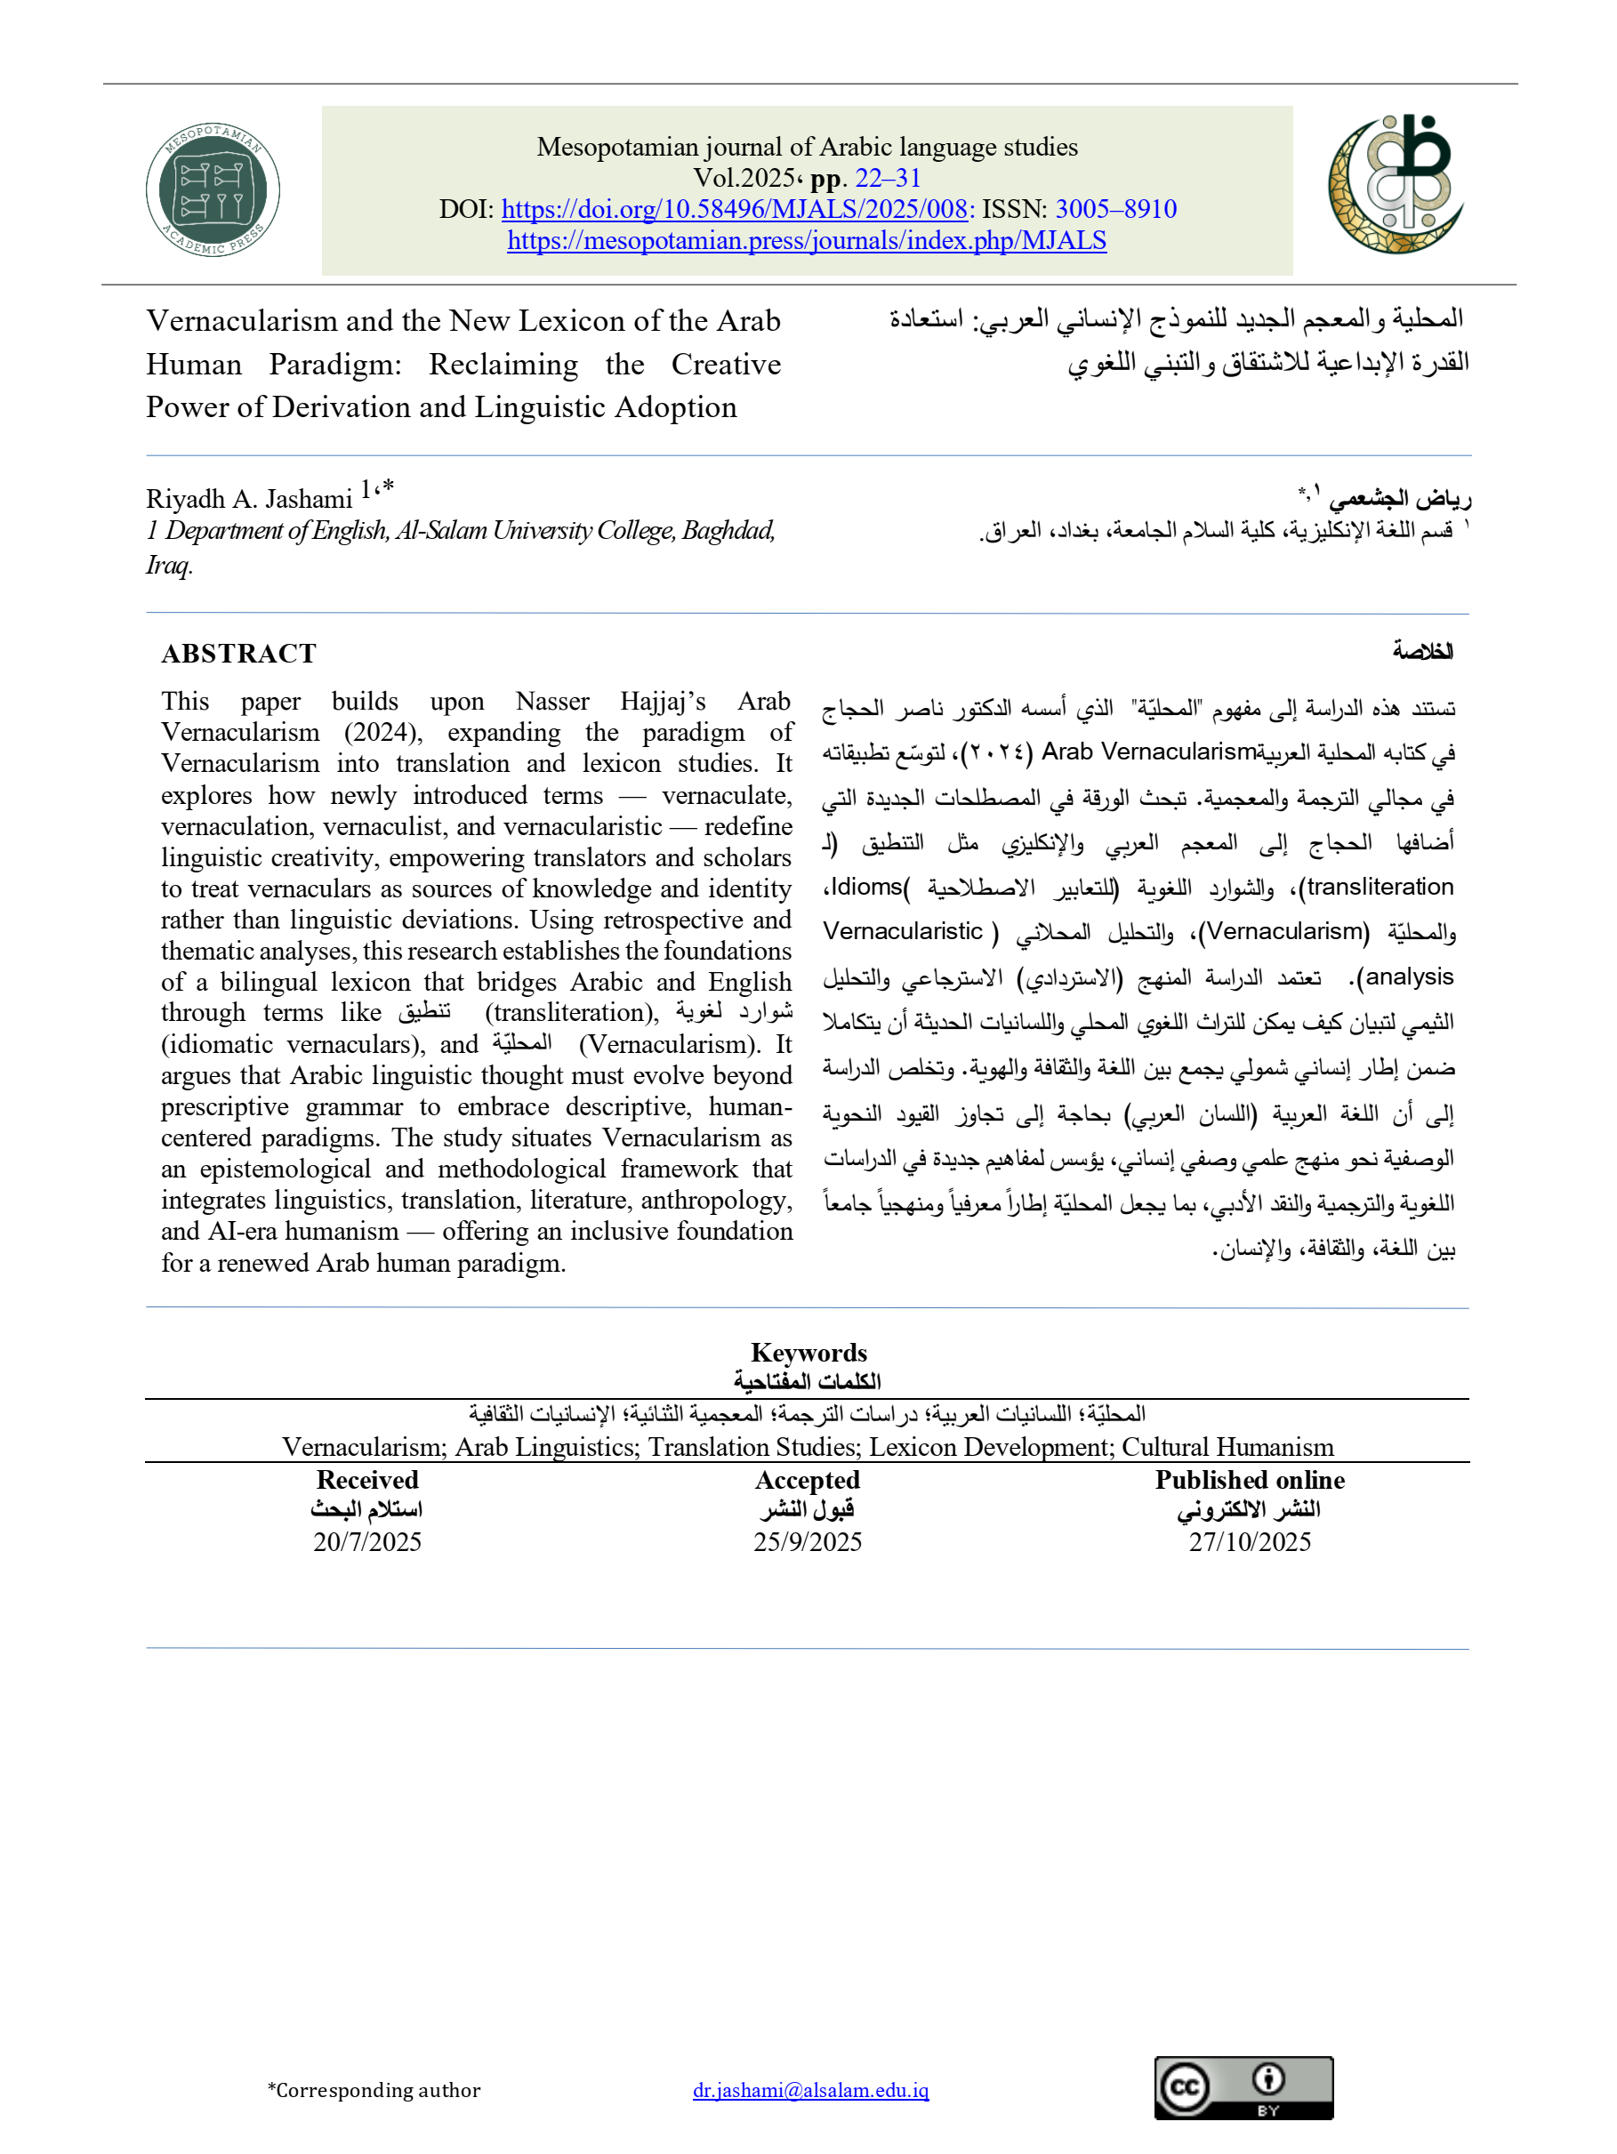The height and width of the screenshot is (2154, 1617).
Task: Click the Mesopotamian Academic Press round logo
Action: click(213, 190)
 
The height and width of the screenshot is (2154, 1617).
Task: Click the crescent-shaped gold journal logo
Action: click(1396, 184)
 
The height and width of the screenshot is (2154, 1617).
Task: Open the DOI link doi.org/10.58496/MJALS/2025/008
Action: click(734, 209)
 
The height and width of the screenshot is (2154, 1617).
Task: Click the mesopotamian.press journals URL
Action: click(807, 240)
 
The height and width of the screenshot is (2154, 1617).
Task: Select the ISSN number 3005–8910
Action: click(1115, 209)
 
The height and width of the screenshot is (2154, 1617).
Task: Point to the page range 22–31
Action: click(888, 178)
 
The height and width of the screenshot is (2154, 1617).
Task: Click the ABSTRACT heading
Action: click(238, 654)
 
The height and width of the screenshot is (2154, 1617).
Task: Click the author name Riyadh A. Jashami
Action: click(249, 499)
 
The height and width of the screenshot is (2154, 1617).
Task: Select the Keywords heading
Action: click(808, 1353)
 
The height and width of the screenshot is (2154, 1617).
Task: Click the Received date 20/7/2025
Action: click(367, 1541)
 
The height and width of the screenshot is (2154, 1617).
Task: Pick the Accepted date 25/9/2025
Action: click(808, 1541)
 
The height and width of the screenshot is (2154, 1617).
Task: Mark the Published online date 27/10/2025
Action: click(1250, 1541)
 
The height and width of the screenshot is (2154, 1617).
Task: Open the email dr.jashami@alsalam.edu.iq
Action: click(810, 2090)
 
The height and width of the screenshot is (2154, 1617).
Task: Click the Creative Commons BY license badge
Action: click(1243, 2088)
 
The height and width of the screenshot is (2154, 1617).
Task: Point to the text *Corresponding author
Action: click(374, 2090)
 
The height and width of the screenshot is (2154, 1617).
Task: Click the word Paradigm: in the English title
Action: click(335, 365)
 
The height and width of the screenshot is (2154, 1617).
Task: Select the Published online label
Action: click(1250, 1480)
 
